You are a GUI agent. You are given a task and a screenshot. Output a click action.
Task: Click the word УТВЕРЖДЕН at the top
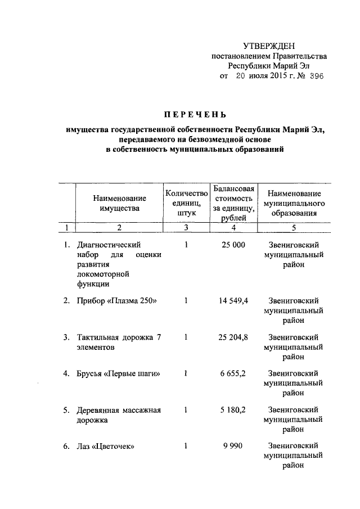[x=268, y=46]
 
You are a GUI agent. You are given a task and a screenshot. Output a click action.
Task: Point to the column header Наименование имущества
[x=119, y=203]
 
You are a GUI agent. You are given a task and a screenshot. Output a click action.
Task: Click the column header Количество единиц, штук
[x=186, y=203]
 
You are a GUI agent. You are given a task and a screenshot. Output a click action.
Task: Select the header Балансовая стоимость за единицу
[x=233, y=203]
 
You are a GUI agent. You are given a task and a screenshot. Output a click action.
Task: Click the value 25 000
[x=233, y=245]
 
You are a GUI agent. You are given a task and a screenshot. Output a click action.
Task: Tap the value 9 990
[x=233, y=447]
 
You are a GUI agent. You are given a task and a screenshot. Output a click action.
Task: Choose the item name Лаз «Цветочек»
[x=109, y=447]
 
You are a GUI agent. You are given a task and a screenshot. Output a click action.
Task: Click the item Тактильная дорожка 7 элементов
[x=119, y=342]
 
